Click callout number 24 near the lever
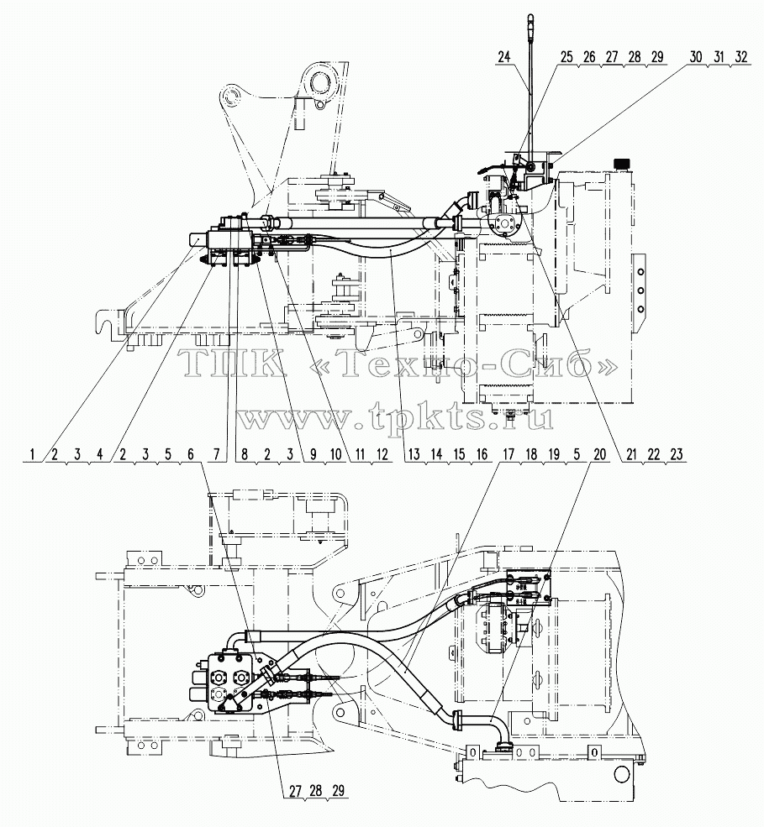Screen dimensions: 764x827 (x=504, y=56)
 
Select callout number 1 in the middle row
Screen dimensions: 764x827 (x=33, y=454)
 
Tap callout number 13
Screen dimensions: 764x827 (x=414, y=454)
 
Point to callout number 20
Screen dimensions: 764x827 (x=600, y=454)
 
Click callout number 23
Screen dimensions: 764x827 (x=677, y=454)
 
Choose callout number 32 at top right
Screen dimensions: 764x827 (x=741, y=56)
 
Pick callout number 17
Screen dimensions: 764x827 (x=508, y=454)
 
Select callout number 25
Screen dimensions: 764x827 (x=566, y=56)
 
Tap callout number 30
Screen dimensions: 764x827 (x=696, y=56)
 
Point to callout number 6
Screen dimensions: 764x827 (x=191, y=454)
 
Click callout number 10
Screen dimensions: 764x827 (x=336, y=454)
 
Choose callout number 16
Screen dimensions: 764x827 (x=482, y=454)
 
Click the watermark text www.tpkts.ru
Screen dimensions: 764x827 (x=394, y=406)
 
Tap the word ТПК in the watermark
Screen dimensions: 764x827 (x=231, y=364)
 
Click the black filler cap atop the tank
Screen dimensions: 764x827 (x=623, y=164)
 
